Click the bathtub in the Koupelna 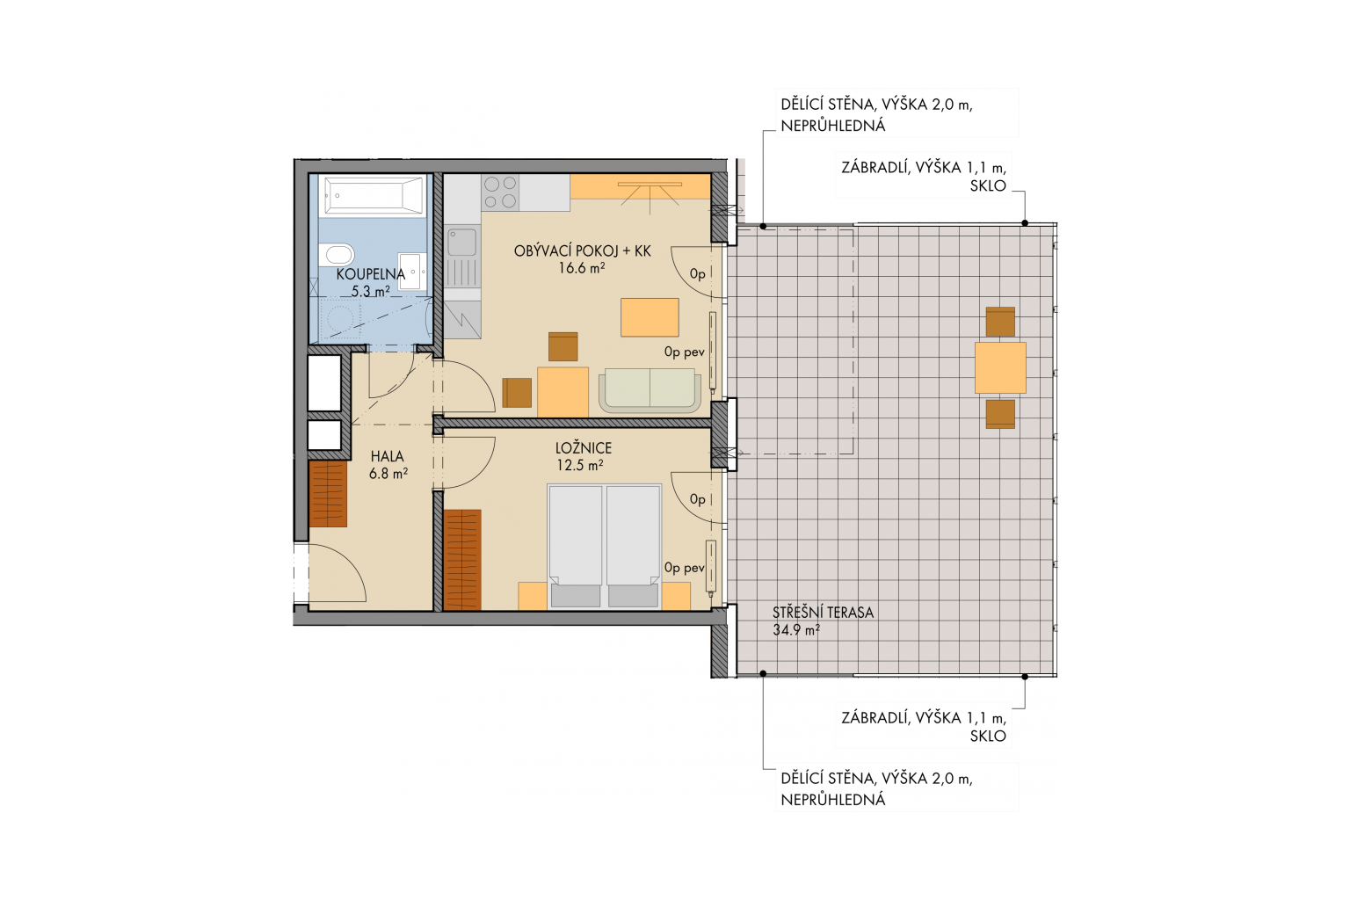pos(374,195)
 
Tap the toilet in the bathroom pos(336,254)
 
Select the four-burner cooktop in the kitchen pos(501,192)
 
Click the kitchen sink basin pos(462,243)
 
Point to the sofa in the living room pos(650,390)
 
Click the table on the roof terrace pos(1000,367)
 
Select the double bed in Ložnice pos(605,546)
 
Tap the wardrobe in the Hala pos(328,494)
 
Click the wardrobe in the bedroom pos(462,560)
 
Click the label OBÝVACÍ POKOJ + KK pos(582,250)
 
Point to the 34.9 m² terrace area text pos(796,630)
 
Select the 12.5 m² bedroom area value pos(580,465)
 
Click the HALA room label pos(387,457)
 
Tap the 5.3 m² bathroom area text pos(371,291)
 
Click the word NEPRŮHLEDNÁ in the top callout pos(833,126)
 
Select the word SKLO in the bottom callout pos(988,736)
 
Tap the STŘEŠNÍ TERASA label pos(823,613)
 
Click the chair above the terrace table pos(1000,322)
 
